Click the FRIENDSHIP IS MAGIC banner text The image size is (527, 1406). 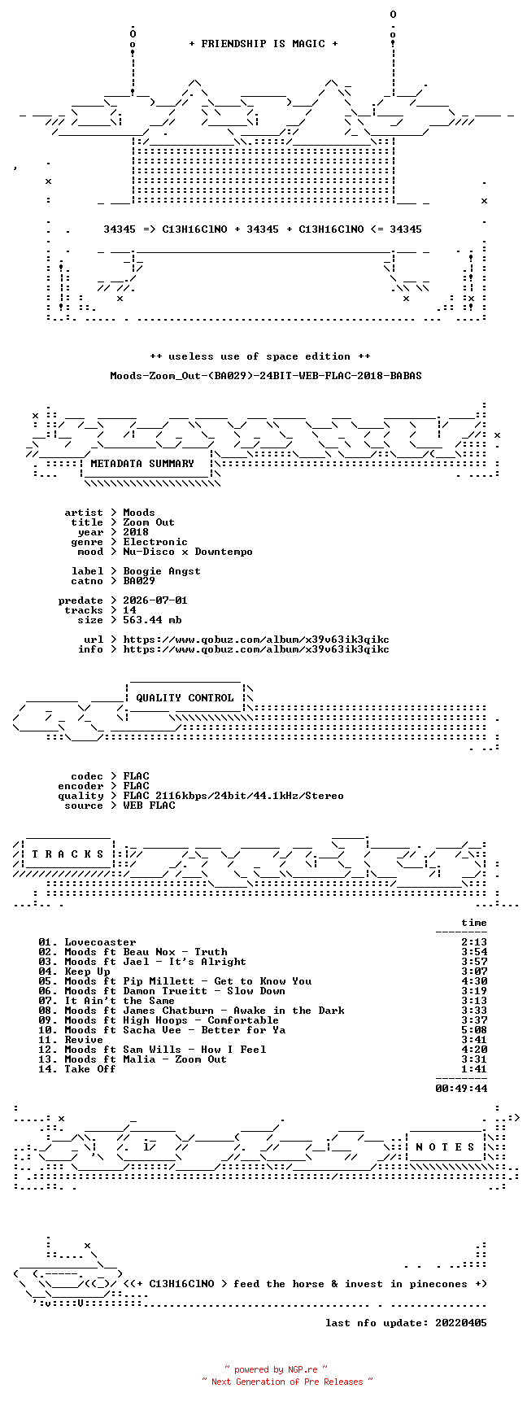pyautogui.click(x=263, y=44)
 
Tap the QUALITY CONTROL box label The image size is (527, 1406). pyautogui.click(x=185, y=698)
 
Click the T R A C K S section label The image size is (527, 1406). pyautogui.click(x=68, y=854)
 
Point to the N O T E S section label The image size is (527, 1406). pyautogui.click(x=446, y=1147)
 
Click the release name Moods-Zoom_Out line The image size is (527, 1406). pyautogui.click(x=266, y=376)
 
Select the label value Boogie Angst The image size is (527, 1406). pyautogui.click(x=162, y=571)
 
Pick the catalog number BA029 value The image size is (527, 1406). pyautogui.click(x=139, y=581)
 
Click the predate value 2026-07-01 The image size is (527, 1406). pyautogui.click(x=155, y=600)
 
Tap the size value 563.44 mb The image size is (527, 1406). pyautogui.click(x=152, y=620)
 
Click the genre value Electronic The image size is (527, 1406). pyautogui.click(x=155, y=542)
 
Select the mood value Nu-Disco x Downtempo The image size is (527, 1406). pyautogui.click(x=188, y=552)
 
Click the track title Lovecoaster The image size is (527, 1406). pyautogui.click(x=100, y=942)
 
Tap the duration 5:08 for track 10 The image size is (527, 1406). pyautogui.click(x=474, y=1030)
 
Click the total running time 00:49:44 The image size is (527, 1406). pyautogui.click(x=461, y=1089)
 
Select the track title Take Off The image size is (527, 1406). pyautogui.click(x=90, y=1069)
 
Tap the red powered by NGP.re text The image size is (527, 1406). pyautogui.click(x=276, y=1369)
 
